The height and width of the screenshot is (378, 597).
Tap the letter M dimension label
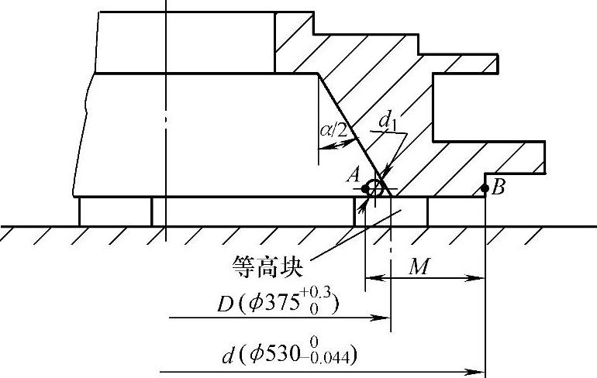(419, 267)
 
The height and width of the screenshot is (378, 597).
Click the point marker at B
(485, 187)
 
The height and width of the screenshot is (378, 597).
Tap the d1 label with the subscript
(387, 121)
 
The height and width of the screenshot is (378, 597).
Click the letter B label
(498, 187)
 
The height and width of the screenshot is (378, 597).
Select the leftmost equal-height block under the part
(116, 211)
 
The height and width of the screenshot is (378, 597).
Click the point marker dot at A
(365, 188)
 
